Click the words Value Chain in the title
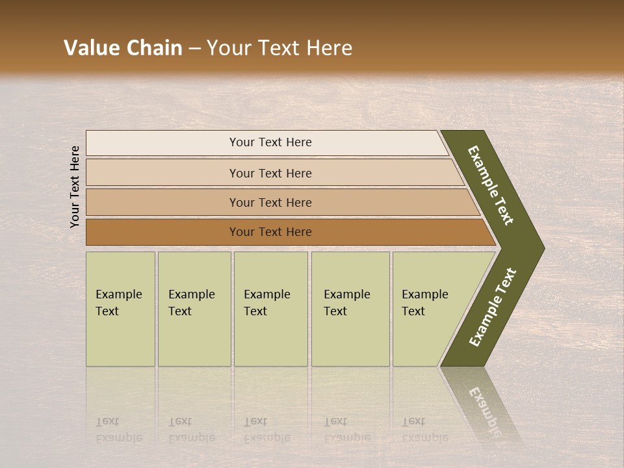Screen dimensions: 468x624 click(x=123, y=48)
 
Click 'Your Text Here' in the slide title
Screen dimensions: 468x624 click(x=279, y=48)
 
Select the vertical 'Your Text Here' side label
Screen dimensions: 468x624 click(x=75, y=187)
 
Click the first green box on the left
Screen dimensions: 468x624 click(x=120, y=309)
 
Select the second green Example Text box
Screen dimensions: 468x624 click(x=194, y=309)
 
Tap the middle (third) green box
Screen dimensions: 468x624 click(x=270, y=309)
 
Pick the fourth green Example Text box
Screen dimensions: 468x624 click(x=350, y=309)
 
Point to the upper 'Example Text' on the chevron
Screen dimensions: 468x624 click(x=491, y=185)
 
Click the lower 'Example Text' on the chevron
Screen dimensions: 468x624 click(x=492, y=307)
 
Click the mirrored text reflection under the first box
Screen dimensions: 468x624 click(x=118, y=430)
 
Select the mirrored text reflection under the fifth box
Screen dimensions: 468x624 click(x=424, y=430)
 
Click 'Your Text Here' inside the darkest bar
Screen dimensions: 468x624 click(x=270, y=232)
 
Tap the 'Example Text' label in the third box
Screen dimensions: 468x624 click(x=266, y=303)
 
